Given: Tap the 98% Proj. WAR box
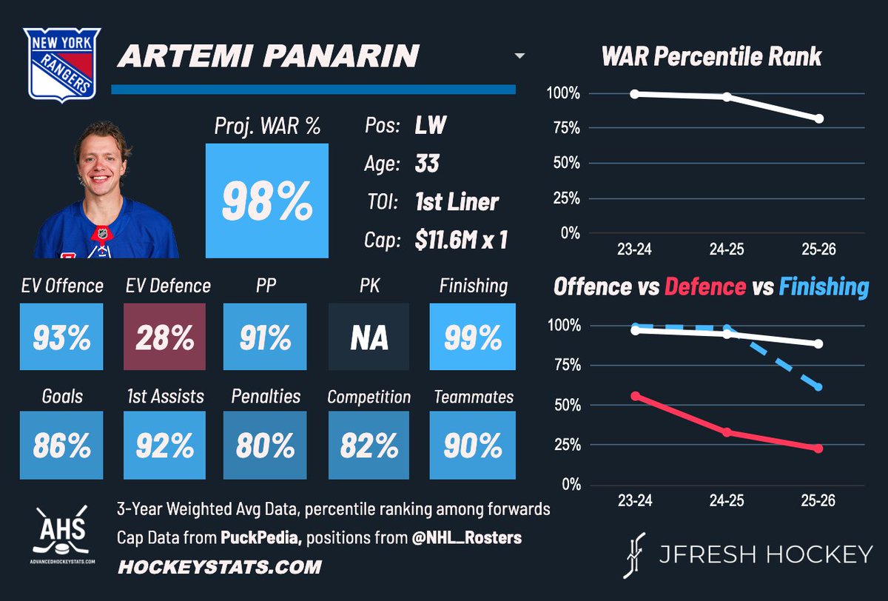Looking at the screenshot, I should pyautogui.click(x=266, y=201).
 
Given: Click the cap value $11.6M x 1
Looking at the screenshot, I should pyautogui.click(x=461, y=241).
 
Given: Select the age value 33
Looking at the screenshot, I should pyautogui.click(x=427, y=163).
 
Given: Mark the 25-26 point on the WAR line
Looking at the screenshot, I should pyautogui.click(x=818, y=118).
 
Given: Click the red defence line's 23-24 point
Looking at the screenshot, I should pyautogui.click(x=634, y=396).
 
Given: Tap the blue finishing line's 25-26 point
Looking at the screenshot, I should pyautogui.click(x=818, y=387).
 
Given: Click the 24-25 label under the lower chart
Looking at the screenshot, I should pyautogui.click(x=726, y=501).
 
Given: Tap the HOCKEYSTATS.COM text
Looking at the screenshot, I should pyautogui.click(x=219, y=568).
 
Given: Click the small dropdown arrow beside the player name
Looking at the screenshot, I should pyautogui.click(x=519, y=56).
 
